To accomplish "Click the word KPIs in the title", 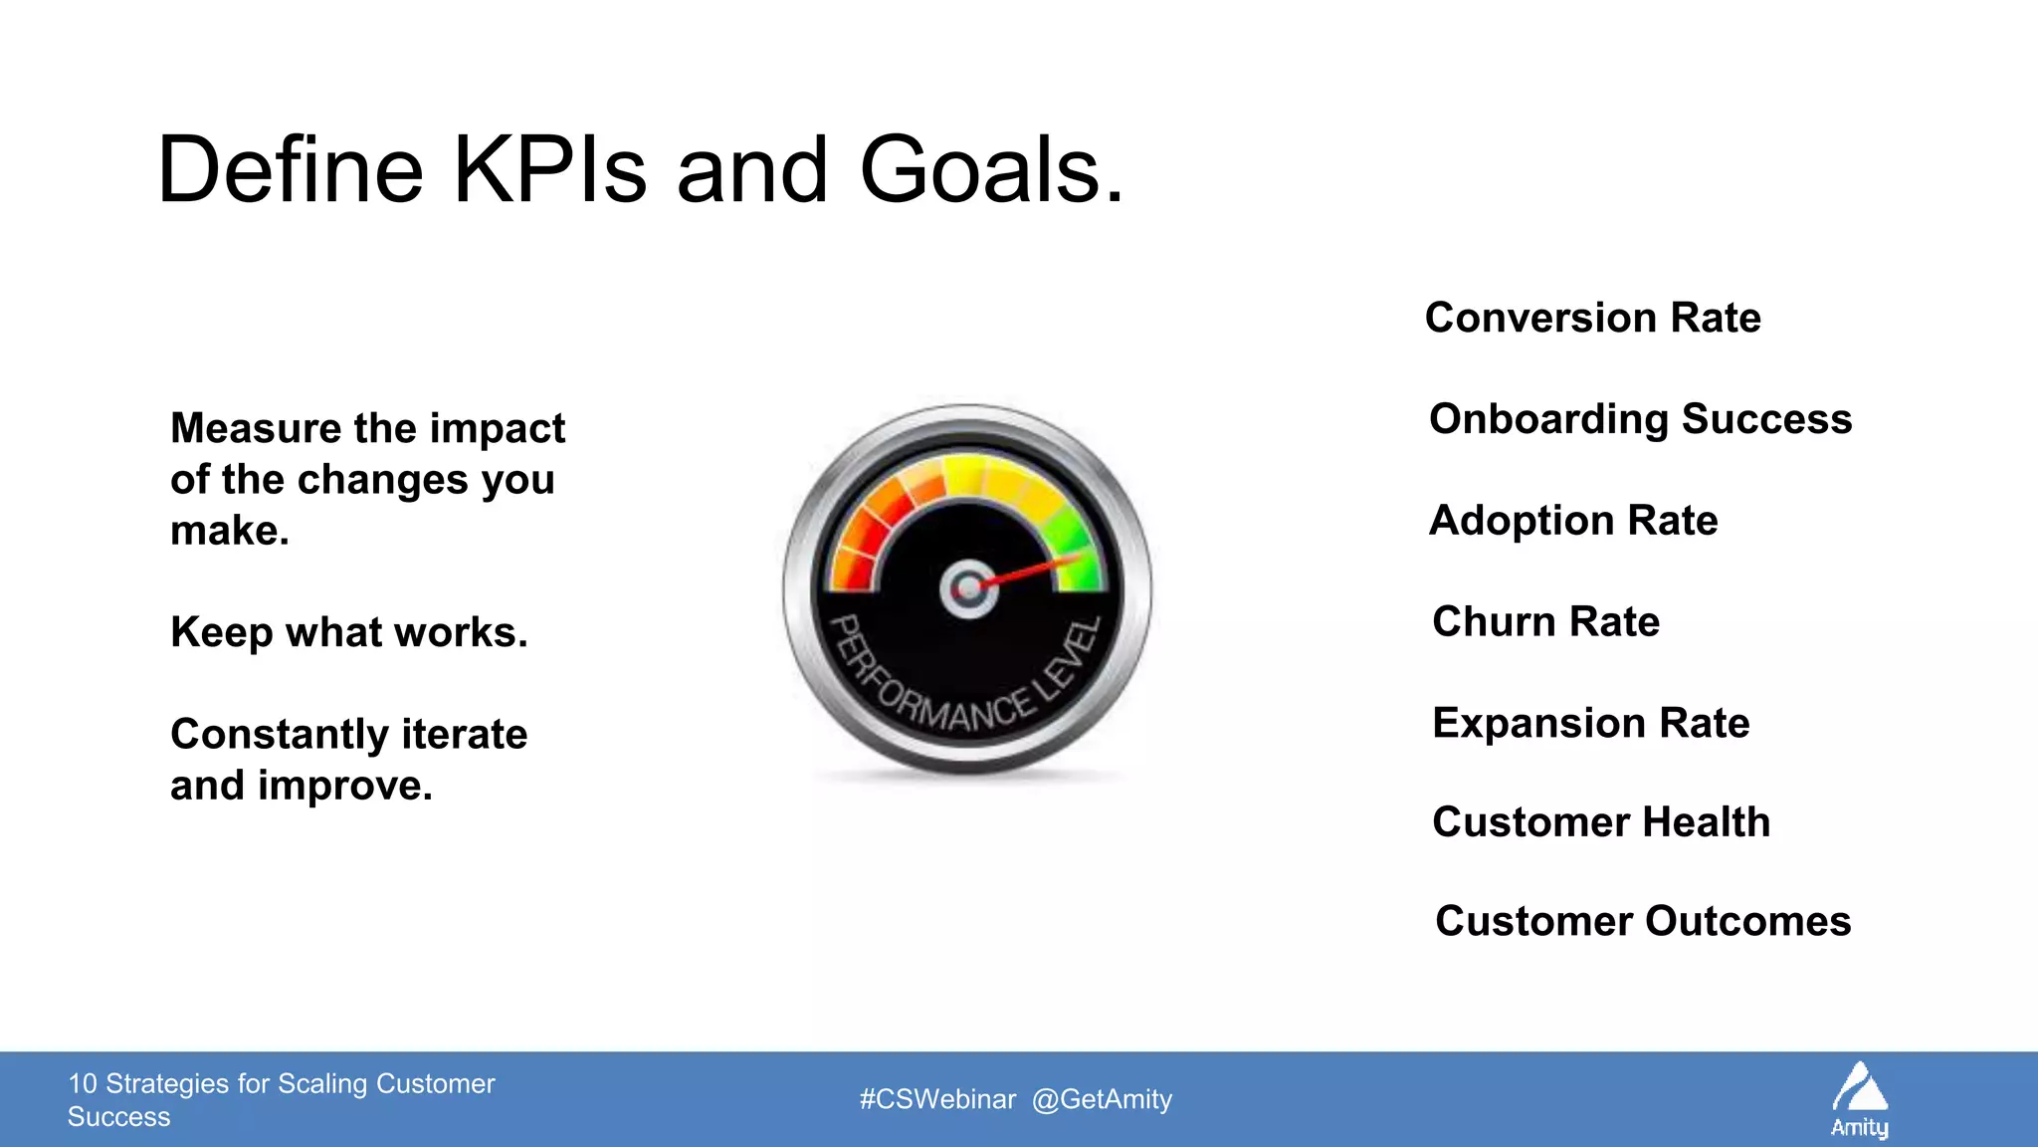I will (549, 171).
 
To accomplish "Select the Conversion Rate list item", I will (1592, 318).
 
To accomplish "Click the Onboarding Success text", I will (1640, 419).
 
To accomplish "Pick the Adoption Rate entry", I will (1573, 521).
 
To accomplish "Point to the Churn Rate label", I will (1545, 621).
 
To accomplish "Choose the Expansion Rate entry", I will (1590, 723).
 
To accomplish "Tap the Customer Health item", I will (1601, 822).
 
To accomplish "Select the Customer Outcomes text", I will (1643, 921).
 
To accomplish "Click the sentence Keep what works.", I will (348, 632).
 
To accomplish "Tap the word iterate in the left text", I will (464, 735).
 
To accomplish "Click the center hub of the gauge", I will (968, 588).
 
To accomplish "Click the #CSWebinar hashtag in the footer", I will (937, 1099).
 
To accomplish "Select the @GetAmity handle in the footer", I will (1102, 1099).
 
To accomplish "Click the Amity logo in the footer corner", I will (1859, 1099).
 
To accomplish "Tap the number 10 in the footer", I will (82, 1083).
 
